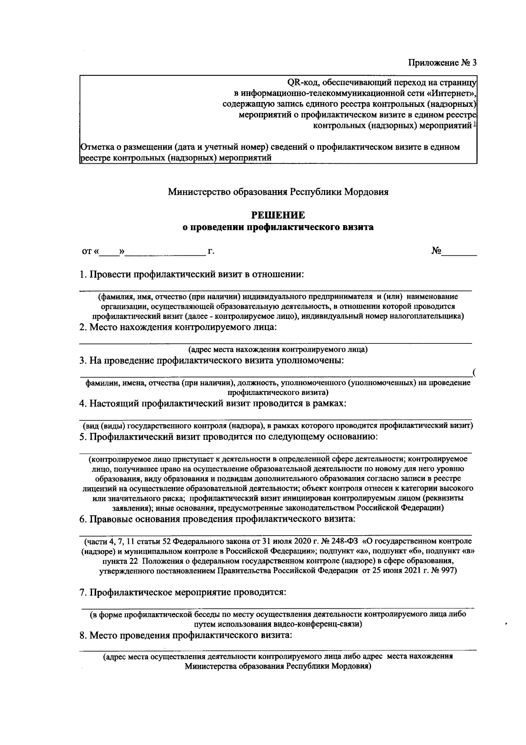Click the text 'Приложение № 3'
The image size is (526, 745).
[442, 62]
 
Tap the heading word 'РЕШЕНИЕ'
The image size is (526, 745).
[277, 215]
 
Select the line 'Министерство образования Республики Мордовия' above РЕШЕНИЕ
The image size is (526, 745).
[278, 192]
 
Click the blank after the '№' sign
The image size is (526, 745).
[458, 252]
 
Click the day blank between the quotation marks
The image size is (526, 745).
[109, 252]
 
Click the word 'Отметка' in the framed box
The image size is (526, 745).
[95, 147]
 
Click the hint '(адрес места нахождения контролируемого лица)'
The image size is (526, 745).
[278, 350]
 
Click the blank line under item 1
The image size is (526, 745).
[275, 289]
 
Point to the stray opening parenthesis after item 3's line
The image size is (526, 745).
[475, 373]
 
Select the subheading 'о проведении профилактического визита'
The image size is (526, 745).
[278, 227]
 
